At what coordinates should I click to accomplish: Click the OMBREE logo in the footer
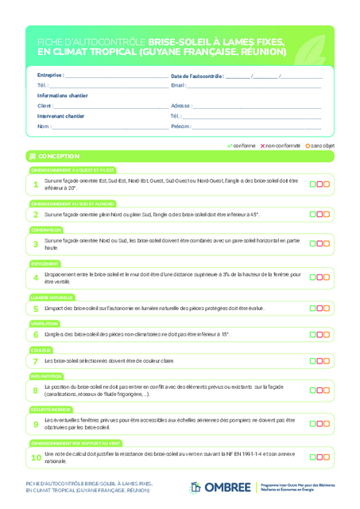point(220,487)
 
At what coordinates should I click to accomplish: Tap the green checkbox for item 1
point(313,185)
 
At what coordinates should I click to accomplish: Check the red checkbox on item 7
point(319,361)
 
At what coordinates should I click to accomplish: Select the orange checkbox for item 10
point(326,457)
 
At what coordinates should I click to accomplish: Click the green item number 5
point(36,308)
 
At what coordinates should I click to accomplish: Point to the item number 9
point(36,424)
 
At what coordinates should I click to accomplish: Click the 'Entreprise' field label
point(50,76)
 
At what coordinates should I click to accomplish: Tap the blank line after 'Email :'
point(254,85)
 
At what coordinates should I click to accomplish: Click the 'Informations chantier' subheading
point(63,95)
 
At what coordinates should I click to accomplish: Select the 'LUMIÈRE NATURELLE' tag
point(52,297)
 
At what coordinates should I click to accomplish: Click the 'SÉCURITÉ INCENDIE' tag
point(52,409)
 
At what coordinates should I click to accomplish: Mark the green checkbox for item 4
point(313,277)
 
